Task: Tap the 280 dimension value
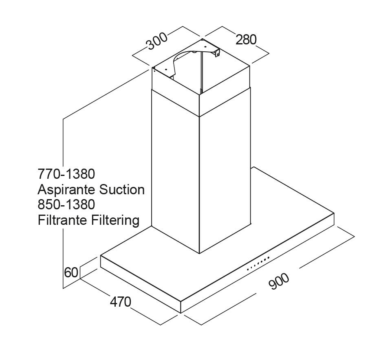pyautogui.click(x=246, y=40)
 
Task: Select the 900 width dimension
pyautogui.click(x=279, y=281)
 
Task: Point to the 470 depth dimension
pyautogui.click(x=120, y=302)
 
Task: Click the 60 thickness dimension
pyautogui.click(x=71, y=272)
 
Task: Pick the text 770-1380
pyautogui.click(x=66, y=174)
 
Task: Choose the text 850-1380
pyautogui.click(x=66, y=205)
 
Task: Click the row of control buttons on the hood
pyautogui.click(x=258, y=263)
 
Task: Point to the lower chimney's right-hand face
pyautogui.click(x=225, y=175)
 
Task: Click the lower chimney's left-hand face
pyautogui.click(x=175, y=171)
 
